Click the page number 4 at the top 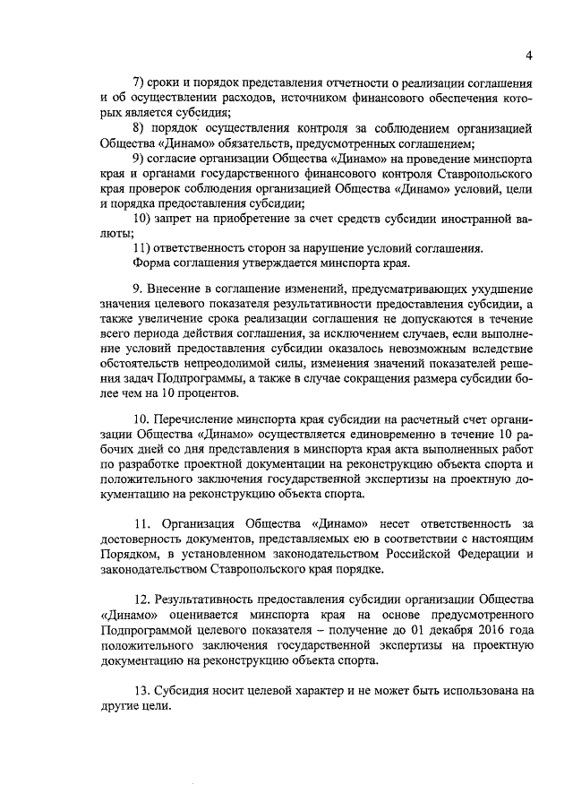(529, 56)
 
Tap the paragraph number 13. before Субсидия (141, 691)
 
